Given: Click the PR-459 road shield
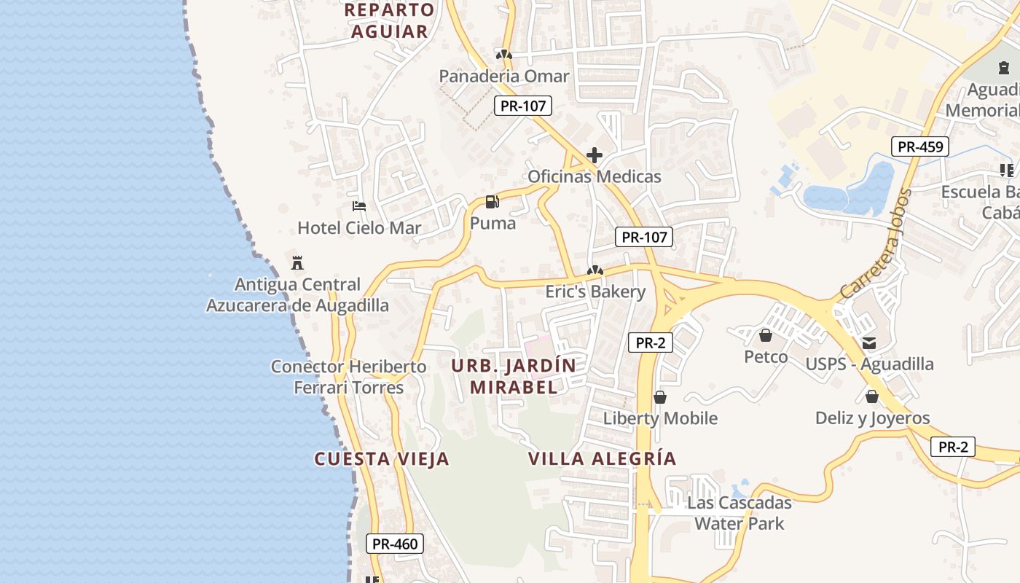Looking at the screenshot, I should [x=920, y=146].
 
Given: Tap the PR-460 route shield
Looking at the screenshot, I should [x=395, y=544].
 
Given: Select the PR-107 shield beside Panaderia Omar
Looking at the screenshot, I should [x=523, y=106].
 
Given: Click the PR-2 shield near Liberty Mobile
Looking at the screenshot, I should [x=650, y=343].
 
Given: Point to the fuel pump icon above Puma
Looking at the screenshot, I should [x=493, y=202].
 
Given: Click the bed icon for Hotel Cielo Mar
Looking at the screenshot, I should [x=358, y=206].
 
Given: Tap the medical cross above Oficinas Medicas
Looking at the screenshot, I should [x=595, y=155].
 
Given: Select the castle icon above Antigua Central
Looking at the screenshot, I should [x=297, y=262].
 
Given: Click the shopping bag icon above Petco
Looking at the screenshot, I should [x=766, y=335].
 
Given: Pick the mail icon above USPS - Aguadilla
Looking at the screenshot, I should [x=869, y=343].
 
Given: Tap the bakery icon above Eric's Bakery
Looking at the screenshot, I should [x=595, y=271].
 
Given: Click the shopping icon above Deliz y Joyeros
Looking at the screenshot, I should [x=871, y=396].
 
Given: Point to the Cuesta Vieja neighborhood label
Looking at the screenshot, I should [x=382, y=459].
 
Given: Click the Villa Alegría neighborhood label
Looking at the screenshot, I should [x=603, y=459].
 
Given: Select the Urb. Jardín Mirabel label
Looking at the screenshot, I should [x=514, y=376].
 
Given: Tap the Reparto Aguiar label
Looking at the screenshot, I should [x=390, y=21].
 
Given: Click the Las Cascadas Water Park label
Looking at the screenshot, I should [x=739, y=513].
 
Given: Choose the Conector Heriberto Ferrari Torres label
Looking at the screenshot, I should [x=348, y=377].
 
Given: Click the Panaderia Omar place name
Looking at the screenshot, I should [x=503, y=76].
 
